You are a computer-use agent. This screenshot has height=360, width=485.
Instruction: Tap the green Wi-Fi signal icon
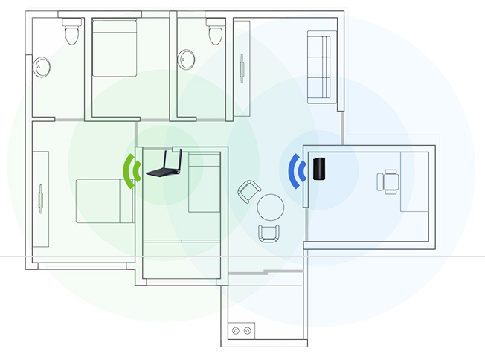pyautogui.click(x=132, y=170)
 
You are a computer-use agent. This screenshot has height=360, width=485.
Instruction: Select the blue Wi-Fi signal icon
pyautogui.click(x=298, y=170)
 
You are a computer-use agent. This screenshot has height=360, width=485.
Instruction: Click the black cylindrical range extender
pyautogui.click(x=320, y=169)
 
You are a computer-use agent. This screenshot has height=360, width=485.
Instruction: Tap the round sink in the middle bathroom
pyautogui.click(x=185, y=60)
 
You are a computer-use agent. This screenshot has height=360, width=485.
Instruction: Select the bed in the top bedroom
pyautogui.click(x=115, y=48)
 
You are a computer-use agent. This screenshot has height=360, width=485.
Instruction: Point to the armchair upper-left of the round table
pyautogui.click(x=247, y=192)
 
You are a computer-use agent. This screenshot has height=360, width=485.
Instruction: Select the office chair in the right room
pyautogui.click(x=389, y=181)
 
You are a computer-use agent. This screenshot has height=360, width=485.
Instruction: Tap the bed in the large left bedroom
pyautogui.click(x=104, y=201)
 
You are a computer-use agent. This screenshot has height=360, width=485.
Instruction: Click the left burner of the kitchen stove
pyautogui.click(x=236, y=330)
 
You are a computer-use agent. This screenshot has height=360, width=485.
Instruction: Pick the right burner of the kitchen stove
pyautogui.click(x=247, y=330)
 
